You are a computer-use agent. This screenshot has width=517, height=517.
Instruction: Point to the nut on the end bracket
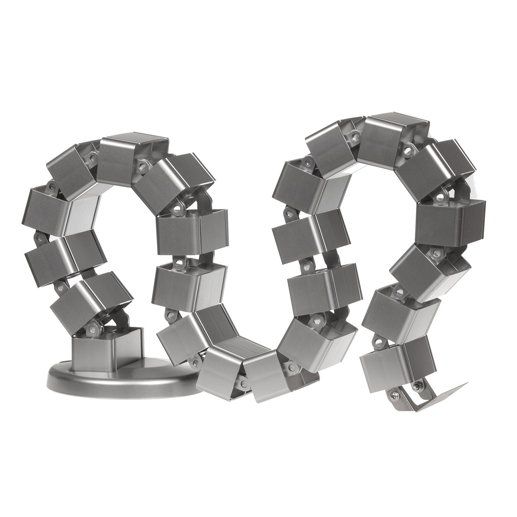418,386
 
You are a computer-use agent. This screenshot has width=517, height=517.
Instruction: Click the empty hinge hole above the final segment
379,341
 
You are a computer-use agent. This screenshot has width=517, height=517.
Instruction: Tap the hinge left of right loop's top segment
352,132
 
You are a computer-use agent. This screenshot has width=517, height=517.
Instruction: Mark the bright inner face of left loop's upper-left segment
83,214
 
